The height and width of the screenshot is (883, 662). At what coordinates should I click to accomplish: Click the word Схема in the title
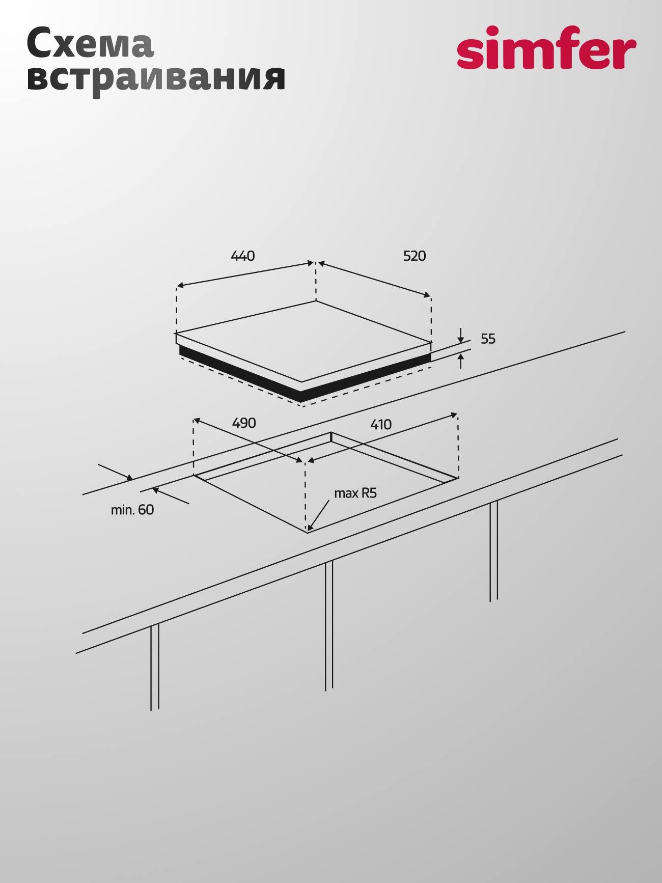[90, 43]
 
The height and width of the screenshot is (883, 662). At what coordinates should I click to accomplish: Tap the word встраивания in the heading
[156, 79]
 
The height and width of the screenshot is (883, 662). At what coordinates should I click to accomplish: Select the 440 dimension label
[243, 256]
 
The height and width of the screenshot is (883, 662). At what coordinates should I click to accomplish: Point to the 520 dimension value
[415, 256]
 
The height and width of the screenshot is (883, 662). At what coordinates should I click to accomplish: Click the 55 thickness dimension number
[488, 339]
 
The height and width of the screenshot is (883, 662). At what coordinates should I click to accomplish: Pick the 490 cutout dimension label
[244, 423]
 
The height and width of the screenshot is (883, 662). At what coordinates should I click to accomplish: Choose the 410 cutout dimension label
[381, 424]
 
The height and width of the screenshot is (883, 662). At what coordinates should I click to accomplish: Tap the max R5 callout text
[355, 493]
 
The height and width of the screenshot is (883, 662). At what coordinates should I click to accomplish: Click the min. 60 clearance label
[132, 510]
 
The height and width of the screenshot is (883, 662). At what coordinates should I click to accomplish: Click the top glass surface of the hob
[304, 341]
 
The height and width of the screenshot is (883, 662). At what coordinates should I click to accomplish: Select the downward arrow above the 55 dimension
[460, 336]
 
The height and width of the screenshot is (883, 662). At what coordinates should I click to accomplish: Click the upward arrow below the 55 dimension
[461, 361]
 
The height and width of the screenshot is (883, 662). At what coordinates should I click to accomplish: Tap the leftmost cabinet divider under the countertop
[155, 667]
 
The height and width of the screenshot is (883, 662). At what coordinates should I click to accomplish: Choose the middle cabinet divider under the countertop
[329, 625]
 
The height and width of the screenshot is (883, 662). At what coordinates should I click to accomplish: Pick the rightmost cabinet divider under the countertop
[493, 551]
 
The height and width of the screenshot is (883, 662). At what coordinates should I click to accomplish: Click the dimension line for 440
[245, 274]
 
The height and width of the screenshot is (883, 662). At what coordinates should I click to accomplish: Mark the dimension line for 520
[374, 280]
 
